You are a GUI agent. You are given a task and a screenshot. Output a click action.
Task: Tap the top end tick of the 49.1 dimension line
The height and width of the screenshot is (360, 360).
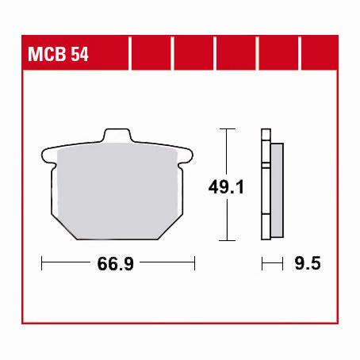228,128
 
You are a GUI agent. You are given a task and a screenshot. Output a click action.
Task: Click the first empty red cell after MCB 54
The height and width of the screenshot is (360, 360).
150,56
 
